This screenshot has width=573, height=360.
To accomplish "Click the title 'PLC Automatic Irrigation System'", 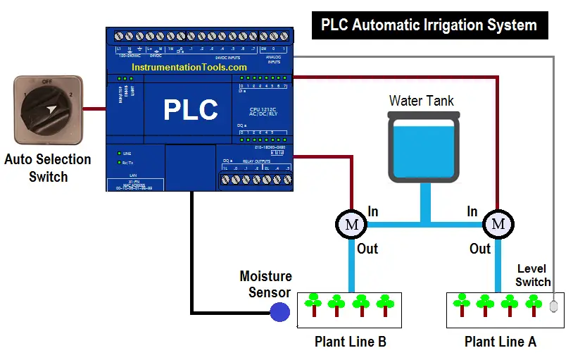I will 429,25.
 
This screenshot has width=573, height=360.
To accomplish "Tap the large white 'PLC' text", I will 190,111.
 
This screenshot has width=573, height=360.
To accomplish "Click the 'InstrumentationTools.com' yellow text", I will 189,67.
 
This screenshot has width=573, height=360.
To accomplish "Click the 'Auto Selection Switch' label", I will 48,168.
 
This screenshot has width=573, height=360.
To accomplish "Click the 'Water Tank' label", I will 422,101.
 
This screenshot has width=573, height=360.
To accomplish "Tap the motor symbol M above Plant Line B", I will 349,225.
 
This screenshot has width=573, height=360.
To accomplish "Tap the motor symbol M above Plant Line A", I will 498,225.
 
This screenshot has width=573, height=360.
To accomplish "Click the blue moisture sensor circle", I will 280,312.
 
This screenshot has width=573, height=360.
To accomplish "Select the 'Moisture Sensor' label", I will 265,285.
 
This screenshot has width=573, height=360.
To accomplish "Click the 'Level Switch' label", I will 533,275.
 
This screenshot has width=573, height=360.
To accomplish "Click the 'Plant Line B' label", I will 350,342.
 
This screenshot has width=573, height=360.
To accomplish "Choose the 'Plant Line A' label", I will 500,342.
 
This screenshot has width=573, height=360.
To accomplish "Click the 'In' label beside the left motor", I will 373,211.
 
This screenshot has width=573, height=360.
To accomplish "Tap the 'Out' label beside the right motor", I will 480,249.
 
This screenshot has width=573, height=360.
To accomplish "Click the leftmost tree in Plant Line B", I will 314,304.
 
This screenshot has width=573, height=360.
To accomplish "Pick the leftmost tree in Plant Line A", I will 462,304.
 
